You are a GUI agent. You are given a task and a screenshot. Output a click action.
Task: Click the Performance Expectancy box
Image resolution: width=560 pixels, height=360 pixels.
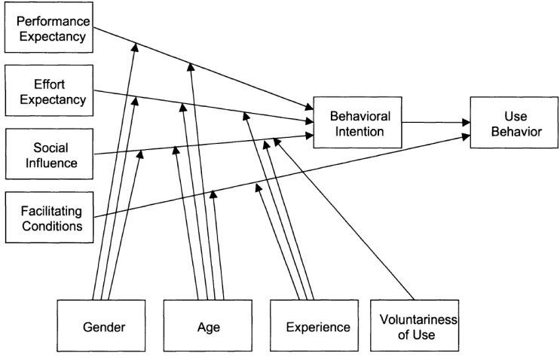tap(49, 27)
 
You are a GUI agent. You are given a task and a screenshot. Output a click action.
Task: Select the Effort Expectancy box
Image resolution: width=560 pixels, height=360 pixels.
tap(49, 90)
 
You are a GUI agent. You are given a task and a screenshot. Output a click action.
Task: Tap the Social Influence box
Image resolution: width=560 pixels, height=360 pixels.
tap(49, 154)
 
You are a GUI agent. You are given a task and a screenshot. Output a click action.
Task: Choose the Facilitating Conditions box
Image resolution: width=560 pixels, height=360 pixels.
tap(49, 218)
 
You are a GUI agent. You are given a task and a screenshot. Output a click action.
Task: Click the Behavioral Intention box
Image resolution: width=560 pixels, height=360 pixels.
tap(357, 122)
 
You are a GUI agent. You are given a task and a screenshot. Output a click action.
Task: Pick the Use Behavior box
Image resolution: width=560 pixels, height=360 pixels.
tap(514, 122)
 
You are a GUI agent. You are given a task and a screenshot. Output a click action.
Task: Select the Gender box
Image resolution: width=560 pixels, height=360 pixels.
tap(101, 325)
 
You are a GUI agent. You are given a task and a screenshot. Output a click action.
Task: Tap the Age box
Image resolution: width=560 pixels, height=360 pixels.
tap(207, 325)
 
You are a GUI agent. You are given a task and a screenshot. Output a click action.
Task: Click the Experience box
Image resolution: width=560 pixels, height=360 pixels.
tap(314, 325)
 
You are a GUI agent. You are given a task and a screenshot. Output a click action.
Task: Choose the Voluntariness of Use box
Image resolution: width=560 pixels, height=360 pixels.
tap(415, 325)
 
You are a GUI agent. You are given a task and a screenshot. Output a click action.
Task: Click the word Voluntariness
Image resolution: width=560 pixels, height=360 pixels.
tap(418, 319)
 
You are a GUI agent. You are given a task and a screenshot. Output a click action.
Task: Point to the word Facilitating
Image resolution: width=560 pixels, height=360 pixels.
tap(51, 211)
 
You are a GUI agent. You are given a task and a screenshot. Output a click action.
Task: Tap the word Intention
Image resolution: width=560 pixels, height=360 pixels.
tap(360, 132)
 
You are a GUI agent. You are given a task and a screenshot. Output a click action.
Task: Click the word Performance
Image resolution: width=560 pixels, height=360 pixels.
tap(54, 21)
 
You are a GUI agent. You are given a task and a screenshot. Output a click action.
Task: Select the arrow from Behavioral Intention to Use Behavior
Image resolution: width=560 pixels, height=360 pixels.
tap(436, 122)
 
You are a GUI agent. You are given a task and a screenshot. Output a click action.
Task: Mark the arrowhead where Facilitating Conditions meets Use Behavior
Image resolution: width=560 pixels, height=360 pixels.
tap(466, 136)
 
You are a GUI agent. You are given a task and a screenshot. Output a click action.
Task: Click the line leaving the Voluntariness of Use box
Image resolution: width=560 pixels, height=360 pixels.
tap(344, 219)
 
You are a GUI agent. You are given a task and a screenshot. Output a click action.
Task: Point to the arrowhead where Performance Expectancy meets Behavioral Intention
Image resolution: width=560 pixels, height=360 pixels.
tap(309, 107)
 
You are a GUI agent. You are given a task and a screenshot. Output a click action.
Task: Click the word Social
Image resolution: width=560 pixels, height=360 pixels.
tap(50, 148)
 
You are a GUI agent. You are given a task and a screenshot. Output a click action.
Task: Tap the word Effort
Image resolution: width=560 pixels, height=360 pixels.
tap(49, 84)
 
